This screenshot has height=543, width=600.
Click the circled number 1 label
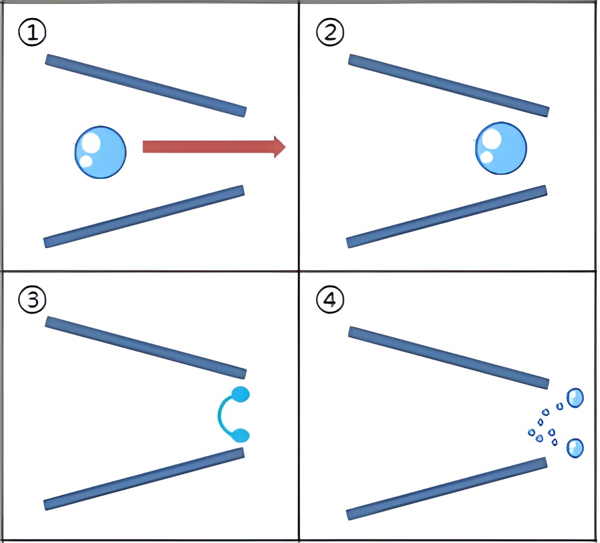pos(32,32)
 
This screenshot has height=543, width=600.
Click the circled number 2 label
pos(330,32)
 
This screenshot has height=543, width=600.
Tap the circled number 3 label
pos(32,300)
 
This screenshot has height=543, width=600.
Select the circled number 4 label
pos(330,300)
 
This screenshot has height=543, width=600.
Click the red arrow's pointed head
pos(285,147)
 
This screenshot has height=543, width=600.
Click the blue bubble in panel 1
pos(100,152)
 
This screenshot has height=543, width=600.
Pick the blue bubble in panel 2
pos(501,148)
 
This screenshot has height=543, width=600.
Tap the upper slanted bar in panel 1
pos(146,85)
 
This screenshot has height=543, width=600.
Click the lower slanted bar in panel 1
pos(144,217)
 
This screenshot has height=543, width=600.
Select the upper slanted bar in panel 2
pos(449,85)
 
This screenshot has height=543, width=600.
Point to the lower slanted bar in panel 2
pos(446,217)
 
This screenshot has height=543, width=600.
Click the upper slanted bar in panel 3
pos(146,348)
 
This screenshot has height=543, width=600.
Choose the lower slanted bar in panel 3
pos(144,479)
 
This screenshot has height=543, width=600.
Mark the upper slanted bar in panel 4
pos(449,357)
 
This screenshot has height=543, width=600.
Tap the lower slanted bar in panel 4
pos(446,489)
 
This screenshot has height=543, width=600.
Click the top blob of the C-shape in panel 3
pos(241,394)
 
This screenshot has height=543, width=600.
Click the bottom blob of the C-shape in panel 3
pos(241,435)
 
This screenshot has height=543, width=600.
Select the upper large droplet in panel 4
pos(575,398)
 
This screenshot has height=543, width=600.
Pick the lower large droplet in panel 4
pos(575,448)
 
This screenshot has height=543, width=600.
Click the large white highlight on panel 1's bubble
pos(92,143)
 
